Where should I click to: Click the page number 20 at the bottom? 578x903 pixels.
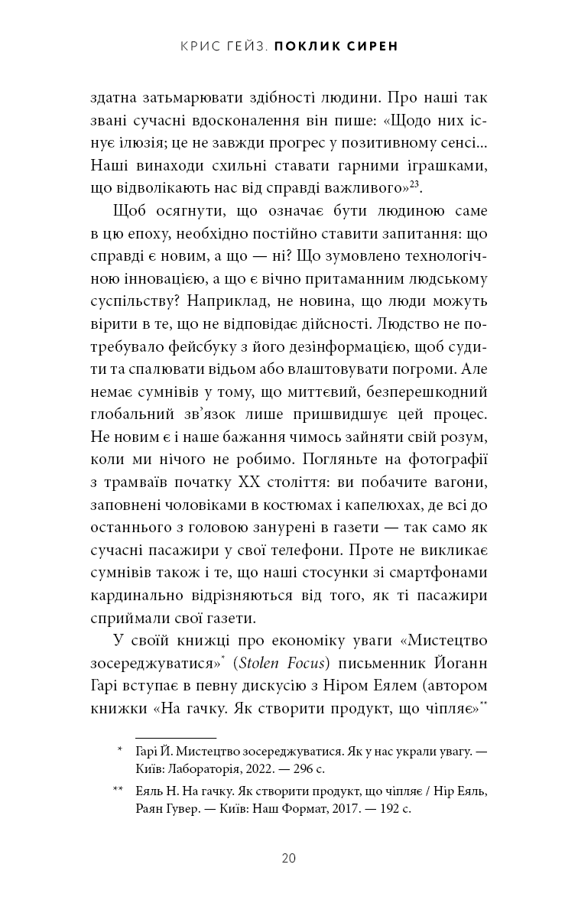[288, 857]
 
